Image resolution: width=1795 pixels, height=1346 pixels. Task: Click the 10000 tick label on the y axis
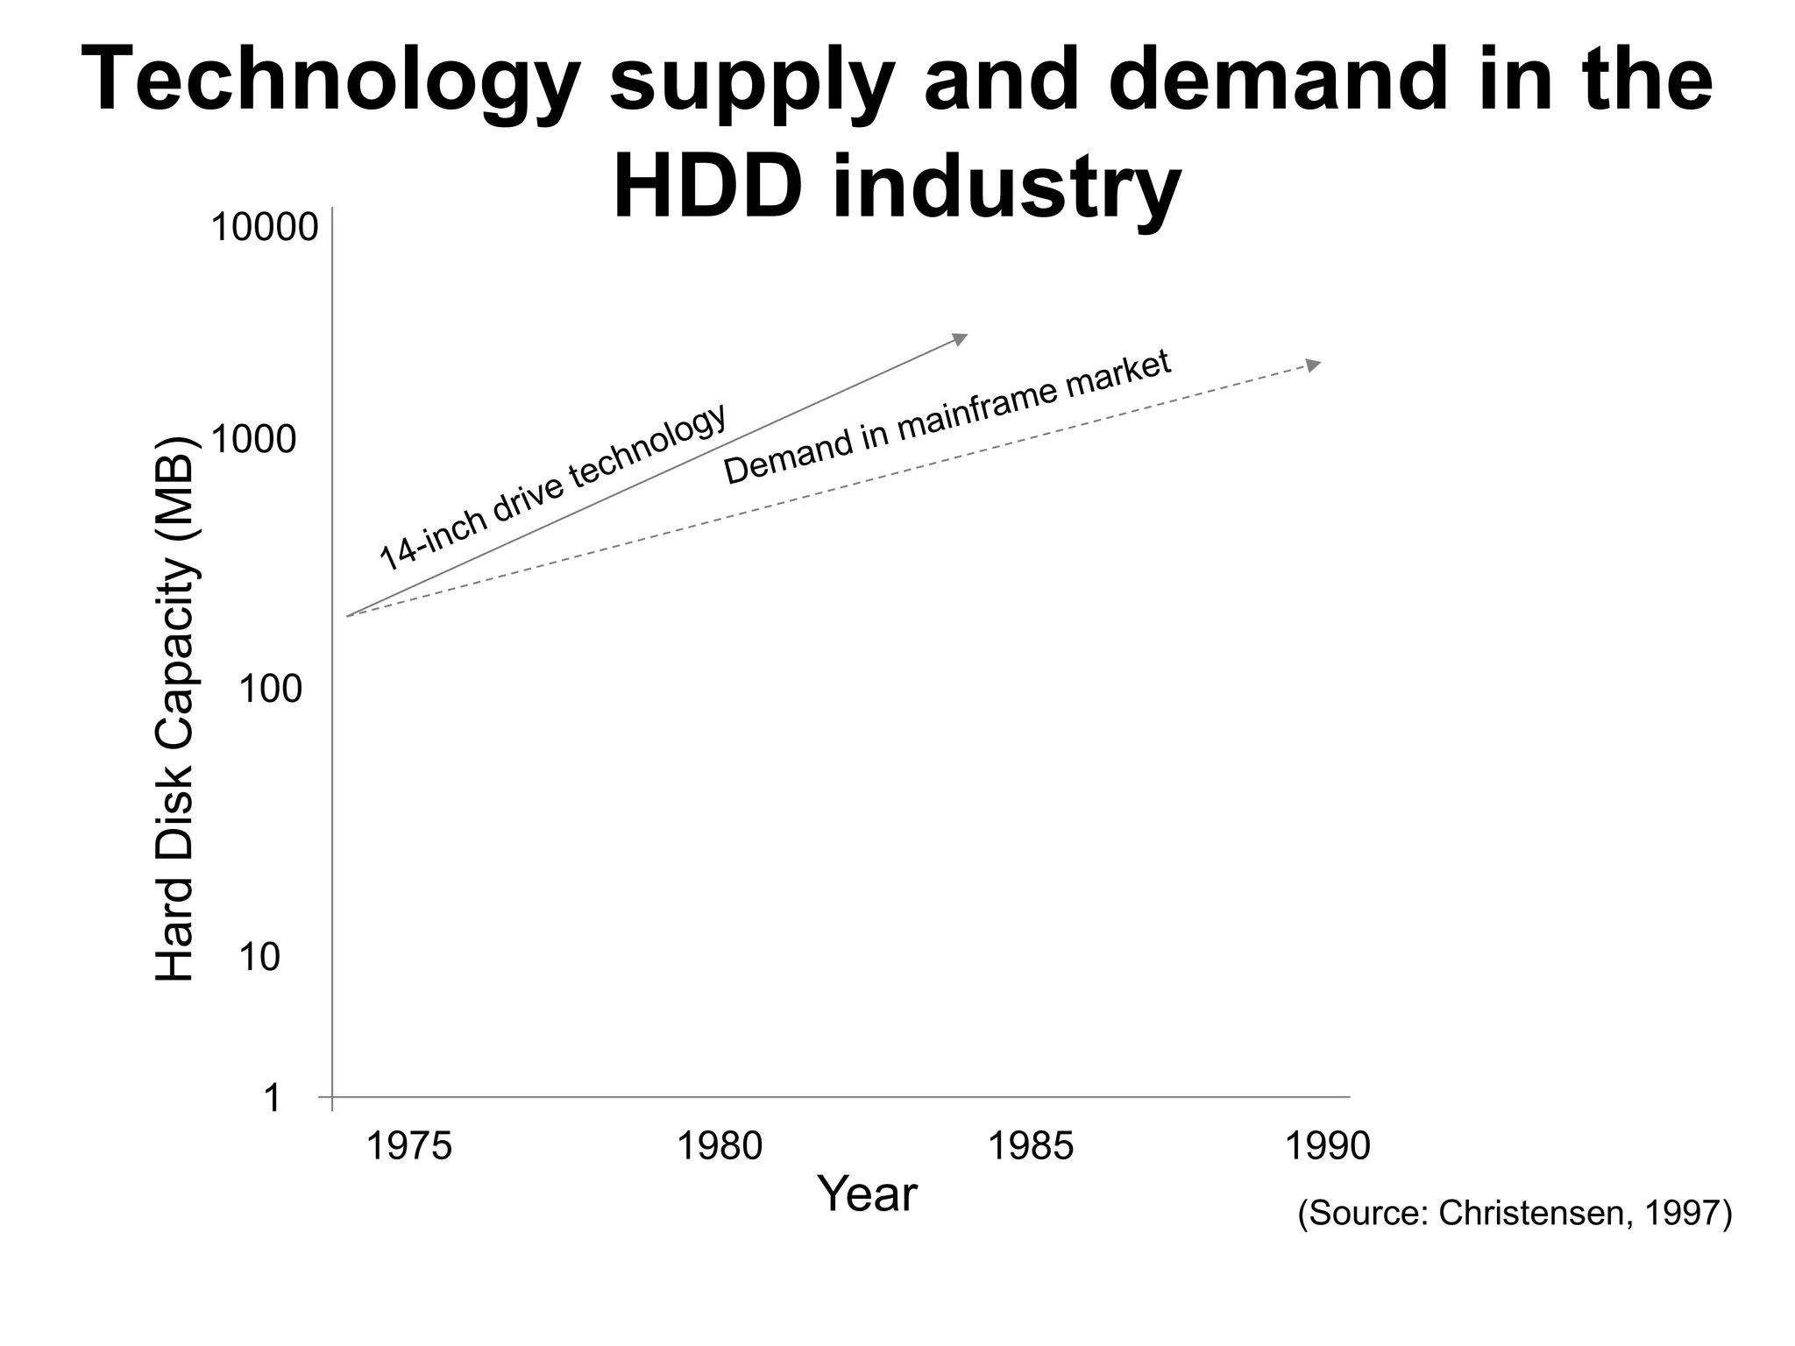pyautogui.click(x=264, y=228)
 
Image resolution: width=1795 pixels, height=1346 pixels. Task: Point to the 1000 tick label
pyautogui.click(x=254, y=440)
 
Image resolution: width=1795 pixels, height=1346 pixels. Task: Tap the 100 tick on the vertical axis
pyautogui.click(x=270, y=691)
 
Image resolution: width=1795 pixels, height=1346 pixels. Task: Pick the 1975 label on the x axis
pyautogui.click(x=408, y=1146)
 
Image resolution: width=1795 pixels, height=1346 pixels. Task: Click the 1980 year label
pyautogui.click(x=720, y=1146)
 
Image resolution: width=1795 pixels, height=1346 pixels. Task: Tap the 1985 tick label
pyautogui.click(x=1031, y=1146)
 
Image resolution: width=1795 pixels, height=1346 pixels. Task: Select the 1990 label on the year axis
pyautogui.click(x=1327, y=1146)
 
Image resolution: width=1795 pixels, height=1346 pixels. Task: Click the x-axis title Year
pyautogui.click(x=867, y=1194)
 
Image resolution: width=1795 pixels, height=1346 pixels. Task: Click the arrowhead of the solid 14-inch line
pyautogui.click(x=961, y=338)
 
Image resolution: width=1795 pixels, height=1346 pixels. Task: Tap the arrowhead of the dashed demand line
pyautogui.click(x=1313, y=365)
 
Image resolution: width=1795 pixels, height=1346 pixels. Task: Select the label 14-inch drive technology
pyautogui.click(x=552, y=486)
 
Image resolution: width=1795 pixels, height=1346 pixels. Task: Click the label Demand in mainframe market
pyautogui.click(x=947, y=417)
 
